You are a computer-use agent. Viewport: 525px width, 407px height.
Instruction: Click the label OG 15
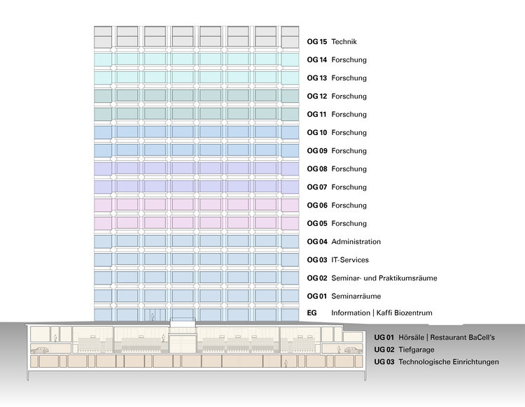coord(316,42)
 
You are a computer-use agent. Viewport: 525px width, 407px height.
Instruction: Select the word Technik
coord(345,42)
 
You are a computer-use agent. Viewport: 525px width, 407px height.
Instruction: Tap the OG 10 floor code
coord(316,133)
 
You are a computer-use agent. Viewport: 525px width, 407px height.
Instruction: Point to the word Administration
coord(356,242)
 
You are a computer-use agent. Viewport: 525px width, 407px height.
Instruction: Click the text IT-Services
coord(350,260)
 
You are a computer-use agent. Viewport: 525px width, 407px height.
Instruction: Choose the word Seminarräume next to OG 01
coord(355,297)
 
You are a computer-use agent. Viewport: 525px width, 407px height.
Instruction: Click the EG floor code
coord(312,313)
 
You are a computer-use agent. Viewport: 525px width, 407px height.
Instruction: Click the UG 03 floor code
coord(384,362)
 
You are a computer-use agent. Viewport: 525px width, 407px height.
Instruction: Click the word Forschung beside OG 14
coord(349,60)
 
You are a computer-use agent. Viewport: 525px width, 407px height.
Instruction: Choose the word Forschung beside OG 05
coord(349,224)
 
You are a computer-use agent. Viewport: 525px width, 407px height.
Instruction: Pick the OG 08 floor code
coord(316,169)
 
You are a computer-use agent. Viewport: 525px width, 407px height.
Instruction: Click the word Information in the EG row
coord(350,313)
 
